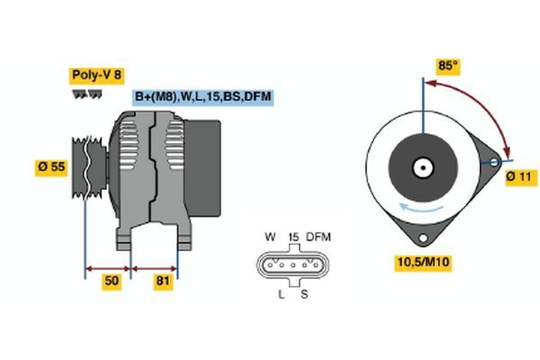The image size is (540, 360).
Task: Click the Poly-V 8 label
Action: click(x=97, y=76)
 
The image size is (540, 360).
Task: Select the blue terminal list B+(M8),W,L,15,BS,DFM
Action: click(x=203, y=97)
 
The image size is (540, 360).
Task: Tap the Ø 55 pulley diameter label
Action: click(x=51, y=167)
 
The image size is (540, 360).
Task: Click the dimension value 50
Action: click(x=112, y=281)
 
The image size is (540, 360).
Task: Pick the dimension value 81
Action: click(x=163, y=281)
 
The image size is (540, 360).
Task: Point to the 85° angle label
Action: click(x=447, y=66)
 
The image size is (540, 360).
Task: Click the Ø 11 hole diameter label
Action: click(x=521, y=177)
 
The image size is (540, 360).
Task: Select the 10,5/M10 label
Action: click(x=423, y=262)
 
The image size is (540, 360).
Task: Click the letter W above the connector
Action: click(x=270, y=237)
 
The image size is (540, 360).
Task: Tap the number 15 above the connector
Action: click(x=293, y=237)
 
